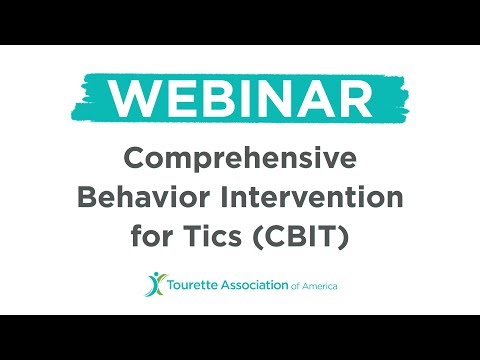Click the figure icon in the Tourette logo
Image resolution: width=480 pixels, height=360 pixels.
(152, 284)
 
